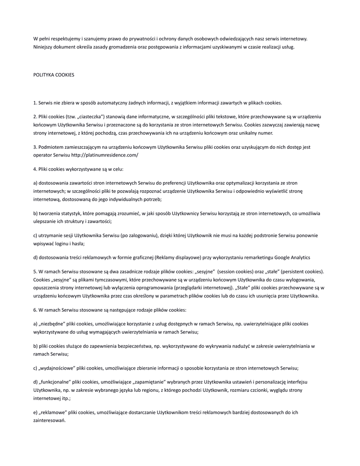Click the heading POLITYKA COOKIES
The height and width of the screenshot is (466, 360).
pos(54,75)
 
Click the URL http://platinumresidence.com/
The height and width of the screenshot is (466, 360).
pos(105,155)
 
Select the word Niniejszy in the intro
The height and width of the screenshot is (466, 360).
pos(44,46)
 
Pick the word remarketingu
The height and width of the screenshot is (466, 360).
pos(257,258)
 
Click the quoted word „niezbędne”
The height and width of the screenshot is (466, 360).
pos(51,324)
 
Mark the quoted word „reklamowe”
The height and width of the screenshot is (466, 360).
pos(52,412)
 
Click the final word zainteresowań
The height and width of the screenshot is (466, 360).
pos(50,420)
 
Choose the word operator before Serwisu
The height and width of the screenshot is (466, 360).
pos(43,155)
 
